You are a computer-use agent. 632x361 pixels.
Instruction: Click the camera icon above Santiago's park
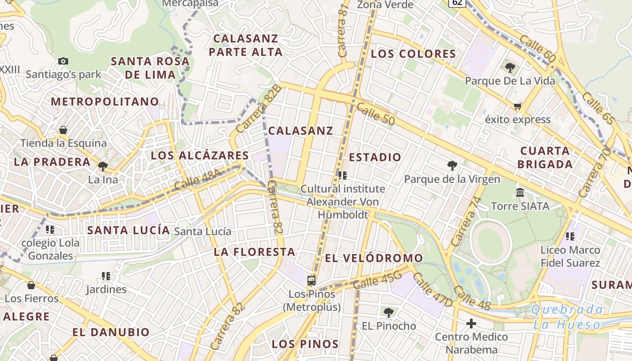point(63,61)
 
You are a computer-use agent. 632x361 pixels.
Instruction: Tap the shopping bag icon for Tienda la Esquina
point(63,130)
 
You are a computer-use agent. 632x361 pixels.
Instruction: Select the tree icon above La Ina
point(103,166)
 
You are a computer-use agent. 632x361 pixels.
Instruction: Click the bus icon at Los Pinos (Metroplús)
point(311,280)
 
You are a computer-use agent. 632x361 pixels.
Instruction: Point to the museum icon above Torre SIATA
point(520,193)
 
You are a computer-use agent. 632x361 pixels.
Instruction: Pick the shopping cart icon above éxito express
point(517,106)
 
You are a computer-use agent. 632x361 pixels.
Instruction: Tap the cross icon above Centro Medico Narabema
point(471,324)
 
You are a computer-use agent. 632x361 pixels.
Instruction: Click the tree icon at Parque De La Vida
point(510,68)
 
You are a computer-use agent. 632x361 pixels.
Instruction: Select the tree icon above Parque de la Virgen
point(452,166)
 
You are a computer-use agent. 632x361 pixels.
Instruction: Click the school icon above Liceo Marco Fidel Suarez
point(570,236)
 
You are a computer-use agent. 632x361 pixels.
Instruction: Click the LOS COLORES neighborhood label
point(414,54)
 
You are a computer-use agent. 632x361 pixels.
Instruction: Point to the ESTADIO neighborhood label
point(375,157)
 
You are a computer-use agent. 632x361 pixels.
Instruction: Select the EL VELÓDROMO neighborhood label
point(374,258)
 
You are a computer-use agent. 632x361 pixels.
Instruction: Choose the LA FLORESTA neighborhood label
point(255,252)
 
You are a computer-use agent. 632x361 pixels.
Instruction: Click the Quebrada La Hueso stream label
point(567,317)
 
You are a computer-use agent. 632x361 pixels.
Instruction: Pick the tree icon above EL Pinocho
point(388,312)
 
